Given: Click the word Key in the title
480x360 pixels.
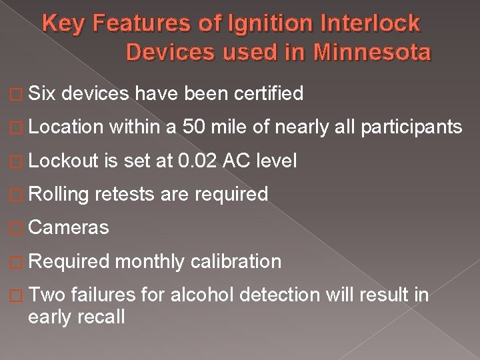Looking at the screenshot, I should [62, 24].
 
